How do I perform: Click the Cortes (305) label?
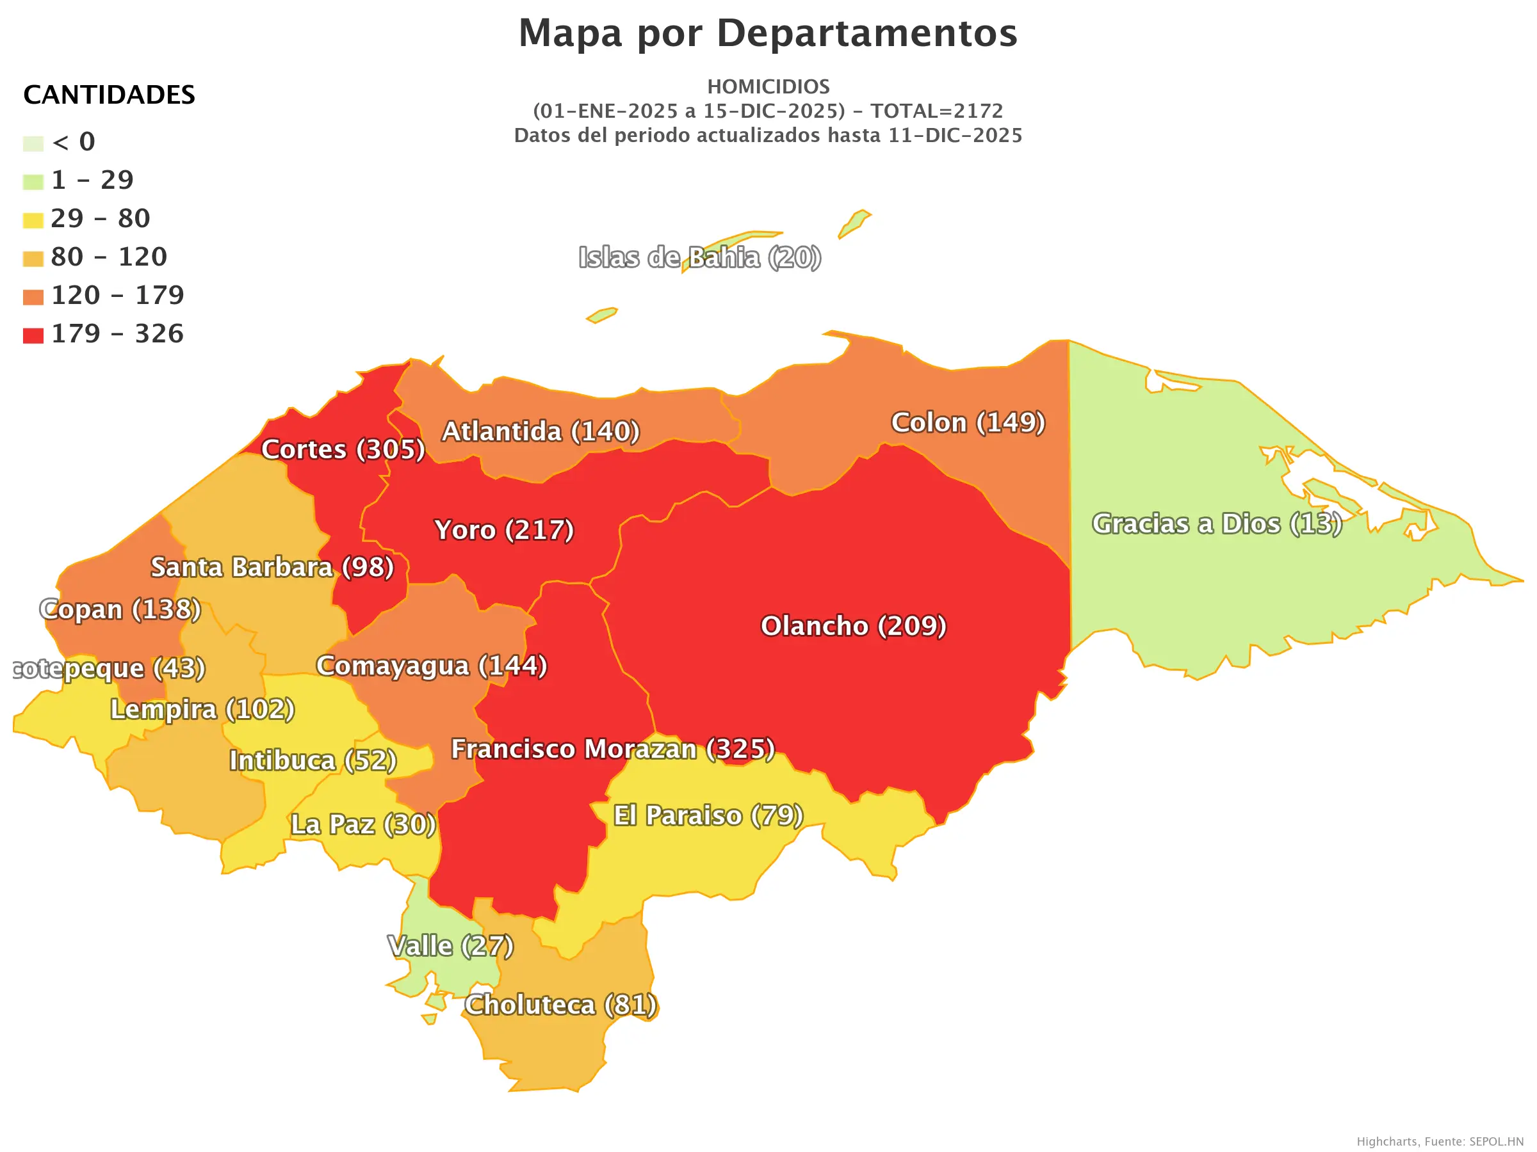pos(343,450)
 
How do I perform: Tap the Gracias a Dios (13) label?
pos(1217,524)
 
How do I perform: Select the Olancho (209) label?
pos(853,627)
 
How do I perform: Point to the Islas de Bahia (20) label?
pos(700,258)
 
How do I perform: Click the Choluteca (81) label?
pos(560,1005)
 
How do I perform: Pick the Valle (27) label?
pos(450,947)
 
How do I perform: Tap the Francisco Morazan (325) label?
pos(613,749)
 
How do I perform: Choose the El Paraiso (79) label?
pos(708,816)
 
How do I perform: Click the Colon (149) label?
pos(968,423)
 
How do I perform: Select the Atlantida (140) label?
pos(541,432)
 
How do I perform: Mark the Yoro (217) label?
pos(504,531)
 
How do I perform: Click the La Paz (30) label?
pos(362,825)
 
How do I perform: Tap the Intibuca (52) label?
pos(313,761)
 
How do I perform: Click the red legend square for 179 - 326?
pos(33,336)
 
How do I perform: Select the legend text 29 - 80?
pos(100,219)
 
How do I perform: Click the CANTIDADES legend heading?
pos(109,95)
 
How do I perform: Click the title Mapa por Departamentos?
pos(768,33)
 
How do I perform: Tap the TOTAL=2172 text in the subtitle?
pos(937,111)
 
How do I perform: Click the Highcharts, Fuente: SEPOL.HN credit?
pos(1439,1142)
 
